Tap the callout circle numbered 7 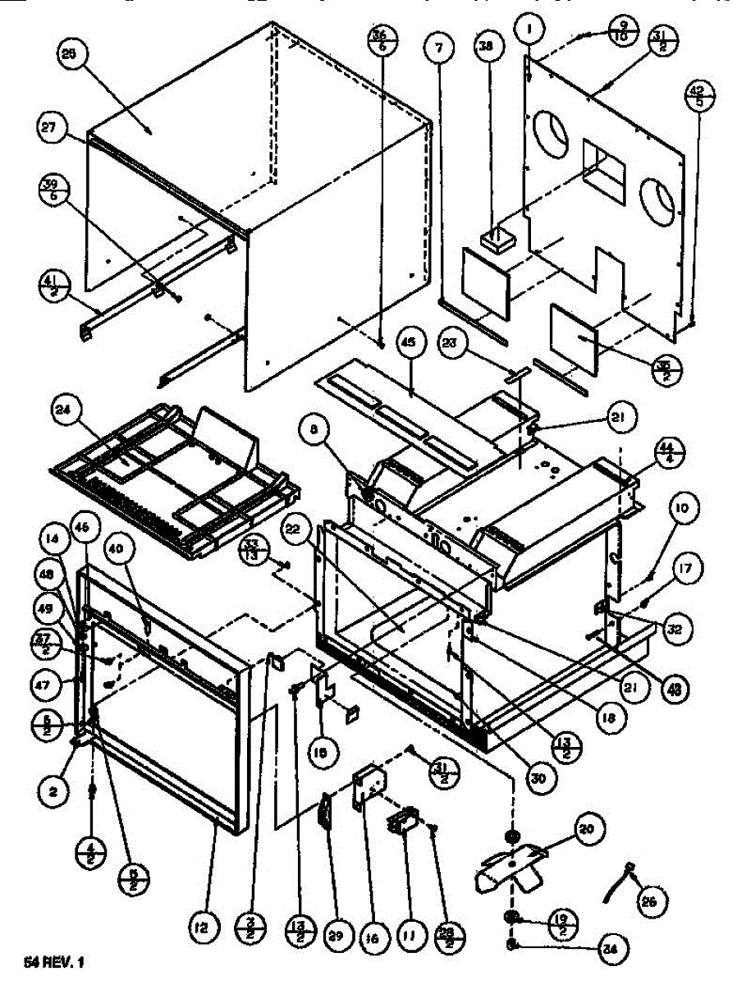(x=439, y=49)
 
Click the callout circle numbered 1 (x=530, y=30)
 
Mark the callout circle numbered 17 (x=687, y=568)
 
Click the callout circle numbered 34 (x=609, y=951)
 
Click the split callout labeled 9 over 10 (x=623, y=36)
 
